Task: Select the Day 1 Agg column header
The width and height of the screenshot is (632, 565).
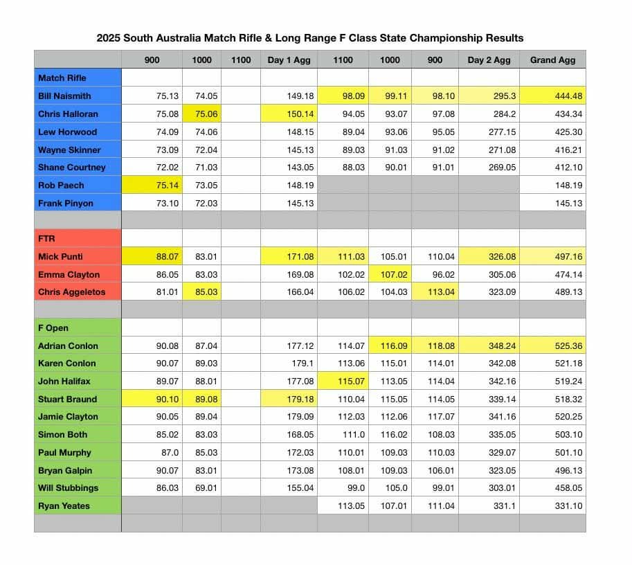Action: coord(289,60)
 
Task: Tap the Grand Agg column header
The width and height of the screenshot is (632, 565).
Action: coord(552,60)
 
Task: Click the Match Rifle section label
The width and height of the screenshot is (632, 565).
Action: coord(62,78)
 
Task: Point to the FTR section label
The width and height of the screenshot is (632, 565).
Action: coord(47,238)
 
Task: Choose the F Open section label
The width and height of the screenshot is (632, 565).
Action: coord(53,328)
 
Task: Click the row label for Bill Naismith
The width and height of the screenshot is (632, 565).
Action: coord(64,96)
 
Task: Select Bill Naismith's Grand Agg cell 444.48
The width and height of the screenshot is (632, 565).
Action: coord(561,96)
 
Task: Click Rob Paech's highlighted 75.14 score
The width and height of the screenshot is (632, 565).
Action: coord(164,185)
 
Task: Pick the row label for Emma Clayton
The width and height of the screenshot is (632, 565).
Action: coord(69,274)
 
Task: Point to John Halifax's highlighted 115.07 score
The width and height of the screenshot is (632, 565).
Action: coord(350,381)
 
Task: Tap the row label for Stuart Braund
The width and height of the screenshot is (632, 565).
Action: coord(67,399)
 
